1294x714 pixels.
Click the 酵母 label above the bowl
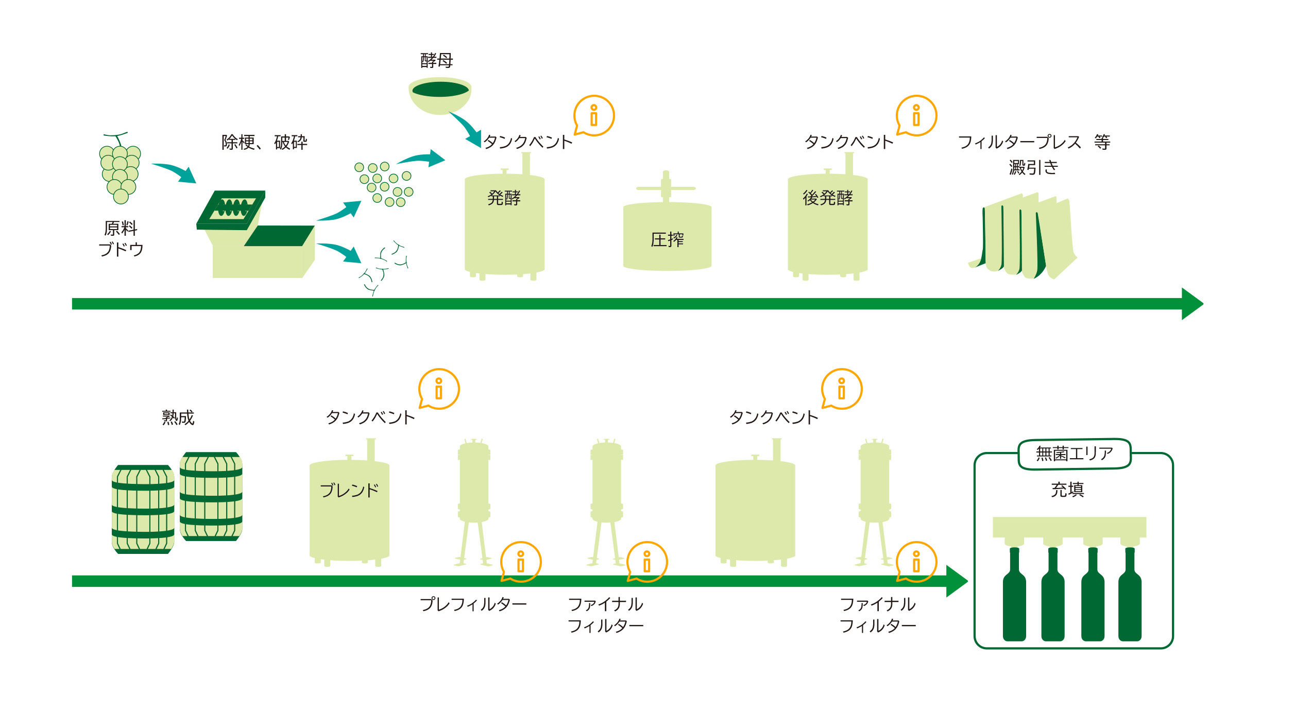(436, 61)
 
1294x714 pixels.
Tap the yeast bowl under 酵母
(440, 95)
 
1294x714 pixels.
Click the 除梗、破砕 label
(264, 142)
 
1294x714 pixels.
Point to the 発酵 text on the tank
(504, 198)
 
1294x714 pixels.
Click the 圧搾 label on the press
(667, 239)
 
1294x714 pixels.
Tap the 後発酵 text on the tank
(827, 198)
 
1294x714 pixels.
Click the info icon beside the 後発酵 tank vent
(916, 116)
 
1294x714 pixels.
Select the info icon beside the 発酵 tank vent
(594, 116)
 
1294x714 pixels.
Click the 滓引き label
(1033, 167)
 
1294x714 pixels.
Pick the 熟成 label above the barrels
(178, 417)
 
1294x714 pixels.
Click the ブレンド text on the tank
(349, 490)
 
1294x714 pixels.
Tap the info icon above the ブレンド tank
(439, 389)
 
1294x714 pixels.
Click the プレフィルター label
(473, 604)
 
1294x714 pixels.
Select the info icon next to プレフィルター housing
(521, 562)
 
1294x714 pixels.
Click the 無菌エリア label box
(1075, 454)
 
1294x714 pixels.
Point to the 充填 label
(1067, 490)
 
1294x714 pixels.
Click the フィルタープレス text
(1019, 142)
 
